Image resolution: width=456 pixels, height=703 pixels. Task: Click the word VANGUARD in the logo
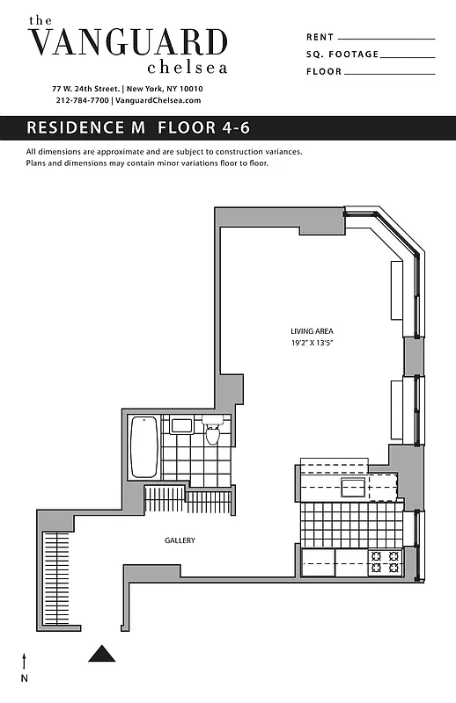pos(128,42)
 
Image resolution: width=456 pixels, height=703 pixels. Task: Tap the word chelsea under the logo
pos(187,67)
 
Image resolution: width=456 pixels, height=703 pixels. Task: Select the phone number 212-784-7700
pos(83,101)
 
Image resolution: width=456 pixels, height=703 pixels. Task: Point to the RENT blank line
pos(386,39)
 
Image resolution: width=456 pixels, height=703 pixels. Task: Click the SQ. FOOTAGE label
pos(342,54)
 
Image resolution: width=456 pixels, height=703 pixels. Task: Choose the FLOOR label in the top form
pos(324,72)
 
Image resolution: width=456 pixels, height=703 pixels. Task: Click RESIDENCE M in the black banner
pos(87,127)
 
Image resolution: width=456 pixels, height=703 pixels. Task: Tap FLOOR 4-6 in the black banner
pos(204,127)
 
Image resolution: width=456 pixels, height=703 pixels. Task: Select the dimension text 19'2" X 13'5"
pos(312,342)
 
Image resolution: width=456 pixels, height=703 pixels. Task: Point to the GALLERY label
pos(180,540)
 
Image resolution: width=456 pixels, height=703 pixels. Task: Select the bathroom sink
pos(182,426)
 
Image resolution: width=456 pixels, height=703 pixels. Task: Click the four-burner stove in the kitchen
pos(384,562)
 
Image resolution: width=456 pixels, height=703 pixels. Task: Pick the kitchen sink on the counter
pos(354,489)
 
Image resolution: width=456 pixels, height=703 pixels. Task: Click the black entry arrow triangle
pos(103,653)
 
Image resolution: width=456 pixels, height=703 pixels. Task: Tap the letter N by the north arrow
pos(25,678)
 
